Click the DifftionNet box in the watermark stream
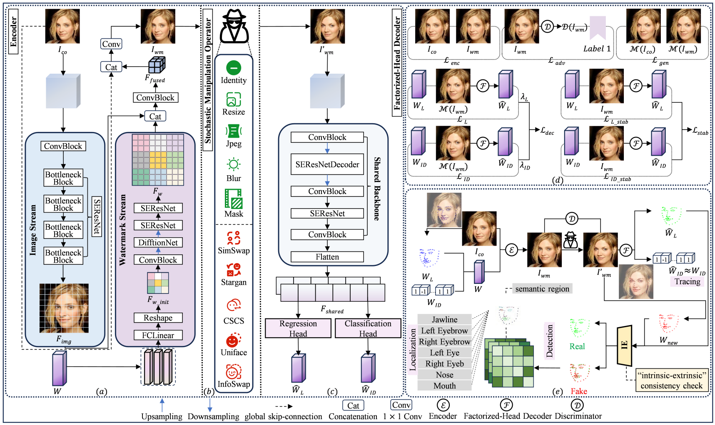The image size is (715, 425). point(158,243)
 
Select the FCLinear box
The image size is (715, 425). point(158,336)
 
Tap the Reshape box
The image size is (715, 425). point(158,318)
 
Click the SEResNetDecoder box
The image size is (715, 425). point(327,164)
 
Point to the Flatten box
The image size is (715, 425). point(327,257)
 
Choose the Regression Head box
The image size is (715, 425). point(298,328)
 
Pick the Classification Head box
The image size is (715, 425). point(368,328)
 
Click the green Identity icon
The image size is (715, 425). point(234,67)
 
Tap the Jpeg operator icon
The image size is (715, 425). point(234,131)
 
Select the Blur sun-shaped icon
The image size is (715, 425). point(234,165)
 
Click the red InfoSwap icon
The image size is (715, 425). point(234,372)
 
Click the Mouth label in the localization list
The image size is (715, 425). point(445,386)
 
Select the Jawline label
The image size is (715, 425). point(445,320)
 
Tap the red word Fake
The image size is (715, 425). point(579,391)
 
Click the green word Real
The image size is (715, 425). point(577,346)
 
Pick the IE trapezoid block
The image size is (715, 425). point(624,345)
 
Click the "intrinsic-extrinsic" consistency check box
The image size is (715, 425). point(671,380)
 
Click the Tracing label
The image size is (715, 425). point(688,282)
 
